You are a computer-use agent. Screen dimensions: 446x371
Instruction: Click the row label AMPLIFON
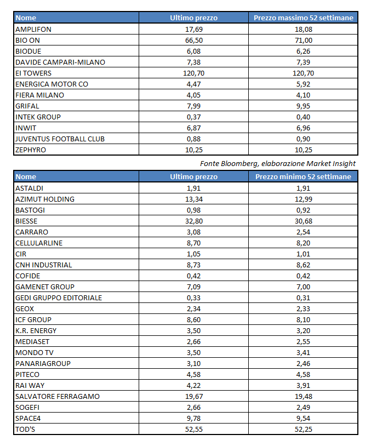point(33,29)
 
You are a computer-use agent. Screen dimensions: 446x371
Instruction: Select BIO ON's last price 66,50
point(193,40)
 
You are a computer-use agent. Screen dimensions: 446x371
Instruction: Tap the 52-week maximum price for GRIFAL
point(303,106)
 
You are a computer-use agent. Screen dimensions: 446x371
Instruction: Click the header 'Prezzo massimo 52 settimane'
point(303,18)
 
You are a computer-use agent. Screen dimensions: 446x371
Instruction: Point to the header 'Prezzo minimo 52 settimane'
point(303,177)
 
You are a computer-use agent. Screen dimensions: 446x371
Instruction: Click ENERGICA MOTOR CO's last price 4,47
point(193,84)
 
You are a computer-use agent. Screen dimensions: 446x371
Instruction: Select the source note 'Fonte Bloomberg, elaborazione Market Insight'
point(278,163)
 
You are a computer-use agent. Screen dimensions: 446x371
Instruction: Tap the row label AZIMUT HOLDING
point(45,199)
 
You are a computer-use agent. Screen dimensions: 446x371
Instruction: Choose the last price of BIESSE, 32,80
point(193,221)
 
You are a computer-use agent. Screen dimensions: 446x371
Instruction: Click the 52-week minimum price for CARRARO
point(303,232)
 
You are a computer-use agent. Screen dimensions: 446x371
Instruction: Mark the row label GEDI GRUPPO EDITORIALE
point(59,298)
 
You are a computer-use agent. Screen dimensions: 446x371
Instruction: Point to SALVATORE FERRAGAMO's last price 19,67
point(193,396)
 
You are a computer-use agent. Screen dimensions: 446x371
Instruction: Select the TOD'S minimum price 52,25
point(303,429)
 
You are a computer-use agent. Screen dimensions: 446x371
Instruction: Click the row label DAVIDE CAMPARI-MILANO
point(60,62)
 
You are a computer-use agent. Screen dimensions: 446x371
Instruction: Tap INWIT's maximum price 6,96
point(303,128)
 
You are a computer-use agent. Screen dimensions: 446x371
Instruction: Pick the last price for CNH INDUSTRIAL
point(193,265)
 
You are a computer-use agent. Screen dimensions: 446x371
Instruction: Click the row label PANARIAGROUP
point(43,363)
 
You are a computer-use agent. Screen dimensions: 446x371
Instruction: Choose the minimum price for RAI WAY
point(303,385)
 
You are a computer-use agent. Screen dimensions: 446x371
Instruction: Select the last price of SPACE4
point(193,418)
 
